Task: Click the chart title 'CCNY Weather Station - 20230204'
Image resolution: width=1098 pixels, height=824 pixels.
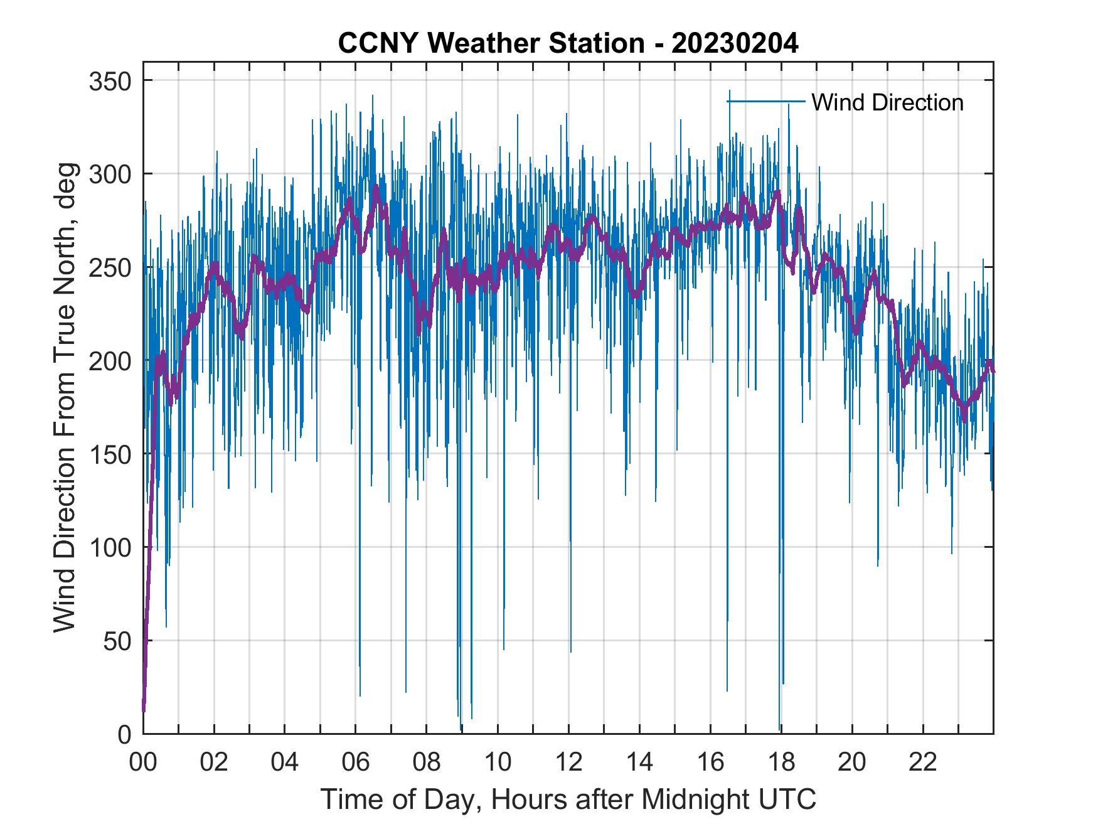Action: (568, 44)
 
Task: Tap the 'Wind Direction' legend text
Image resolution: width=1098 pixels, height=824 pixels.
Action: (887, 102)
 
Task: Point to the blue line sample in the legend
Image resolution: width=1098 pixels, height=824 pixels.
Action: (766, 102)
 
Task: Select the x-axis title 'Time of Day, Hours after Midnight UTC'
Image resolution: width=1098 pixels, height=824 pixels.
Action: (568, 799)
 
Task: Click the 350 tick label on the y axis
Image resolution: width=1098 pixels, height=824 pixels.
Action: (110, 81)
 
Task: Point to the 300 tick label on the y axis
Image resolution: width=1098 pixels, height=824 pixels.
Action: (110, 174)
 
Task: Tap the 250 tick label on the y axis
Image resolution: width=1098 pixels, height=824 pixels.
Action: (110, 267)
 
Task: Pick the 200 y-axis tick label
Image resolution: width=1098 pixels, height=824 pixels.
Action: (110, 361)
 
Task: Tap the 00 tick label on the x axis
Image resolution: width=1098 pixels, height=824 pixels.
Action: (143, 762)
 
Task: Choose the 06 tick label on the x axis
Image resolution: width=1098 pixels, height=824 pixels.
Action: (356, 762)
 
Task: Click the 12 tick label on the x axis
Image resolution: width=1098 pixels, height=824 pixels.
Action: (568, 762)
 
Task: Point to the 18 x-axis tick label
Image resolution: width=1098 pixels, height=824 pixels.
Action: (781, 762)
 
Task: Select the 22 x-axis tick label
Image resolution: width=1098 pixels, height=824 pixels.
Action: (923, 762)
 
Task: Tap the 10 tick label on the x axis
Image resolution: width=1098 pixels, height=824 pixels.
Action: (498, 762)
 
